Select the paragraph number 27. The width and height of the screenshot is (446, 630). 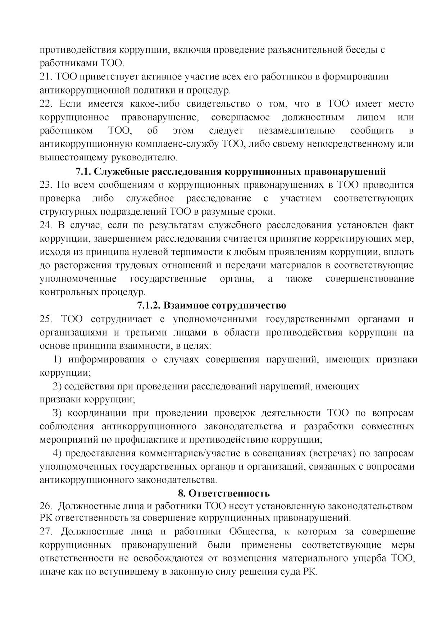click(x=46, y=531)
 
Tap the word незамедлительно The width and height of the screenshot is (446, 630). click(x=296, y=131)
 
